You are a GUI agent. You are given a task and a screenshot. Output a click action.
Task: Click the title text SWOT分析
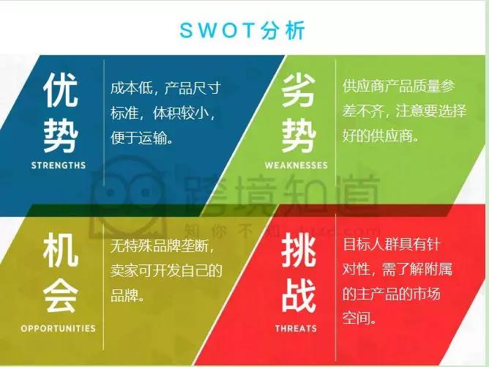tap(242, 31)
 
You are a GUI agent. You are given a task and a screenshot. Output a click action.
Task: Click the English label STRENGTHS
tap(59, 166)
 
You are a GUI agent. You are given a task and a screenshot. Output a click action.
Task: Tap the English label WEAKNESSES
tap(296, 166)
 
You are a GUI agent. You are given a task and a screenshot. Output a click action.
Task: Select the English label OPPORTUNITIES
tap(59, 328)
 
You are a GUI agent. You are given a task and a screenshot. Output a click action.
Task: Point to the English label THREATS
tap(296, 328)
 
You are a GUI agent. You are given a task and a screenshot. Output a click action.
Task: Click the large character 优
tap(59, 92)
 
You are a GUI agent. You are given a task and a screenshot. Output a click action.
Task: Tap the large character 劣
tap(298, 92)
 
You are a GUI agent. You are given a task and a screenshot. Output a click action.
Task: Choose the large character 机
tap(59, 253)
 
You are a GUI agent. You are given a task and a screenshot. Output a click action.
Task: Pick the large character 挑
tap(298, 253)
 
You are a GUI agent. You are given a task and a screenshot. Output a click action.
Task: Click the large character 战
tap(298, 297)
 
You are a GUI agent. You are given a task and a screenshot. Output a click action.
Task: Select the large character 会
tap(59, 297)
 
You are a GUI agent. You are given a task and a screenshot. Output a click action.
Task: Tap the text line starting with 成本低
tap(165, 88)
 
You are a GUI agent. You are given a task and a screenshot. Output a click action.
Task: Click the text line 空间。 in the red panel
tap(360, 319)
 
